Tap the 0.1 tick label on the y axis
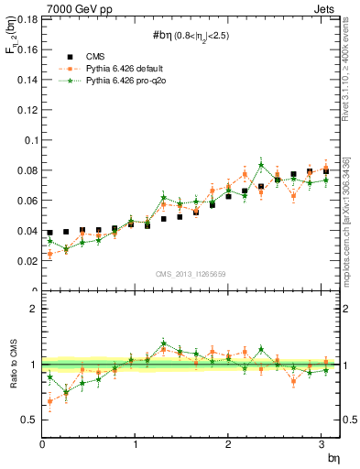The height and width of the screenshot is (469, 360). pyautogui.click(x=30, y=140)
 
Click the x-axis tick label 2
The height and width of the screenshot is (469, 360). pyautogui.click(x=229, y=445)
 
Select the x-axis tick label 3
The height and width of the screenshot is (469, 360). pyautogui.click(x=322, y=445)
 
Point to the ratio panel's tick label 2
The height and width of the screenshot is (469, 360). pyautogui.click(x=35, y=309)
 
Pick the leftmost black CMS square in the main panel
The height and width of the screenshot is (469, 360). pyautogui.click(x=49, y=233)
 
